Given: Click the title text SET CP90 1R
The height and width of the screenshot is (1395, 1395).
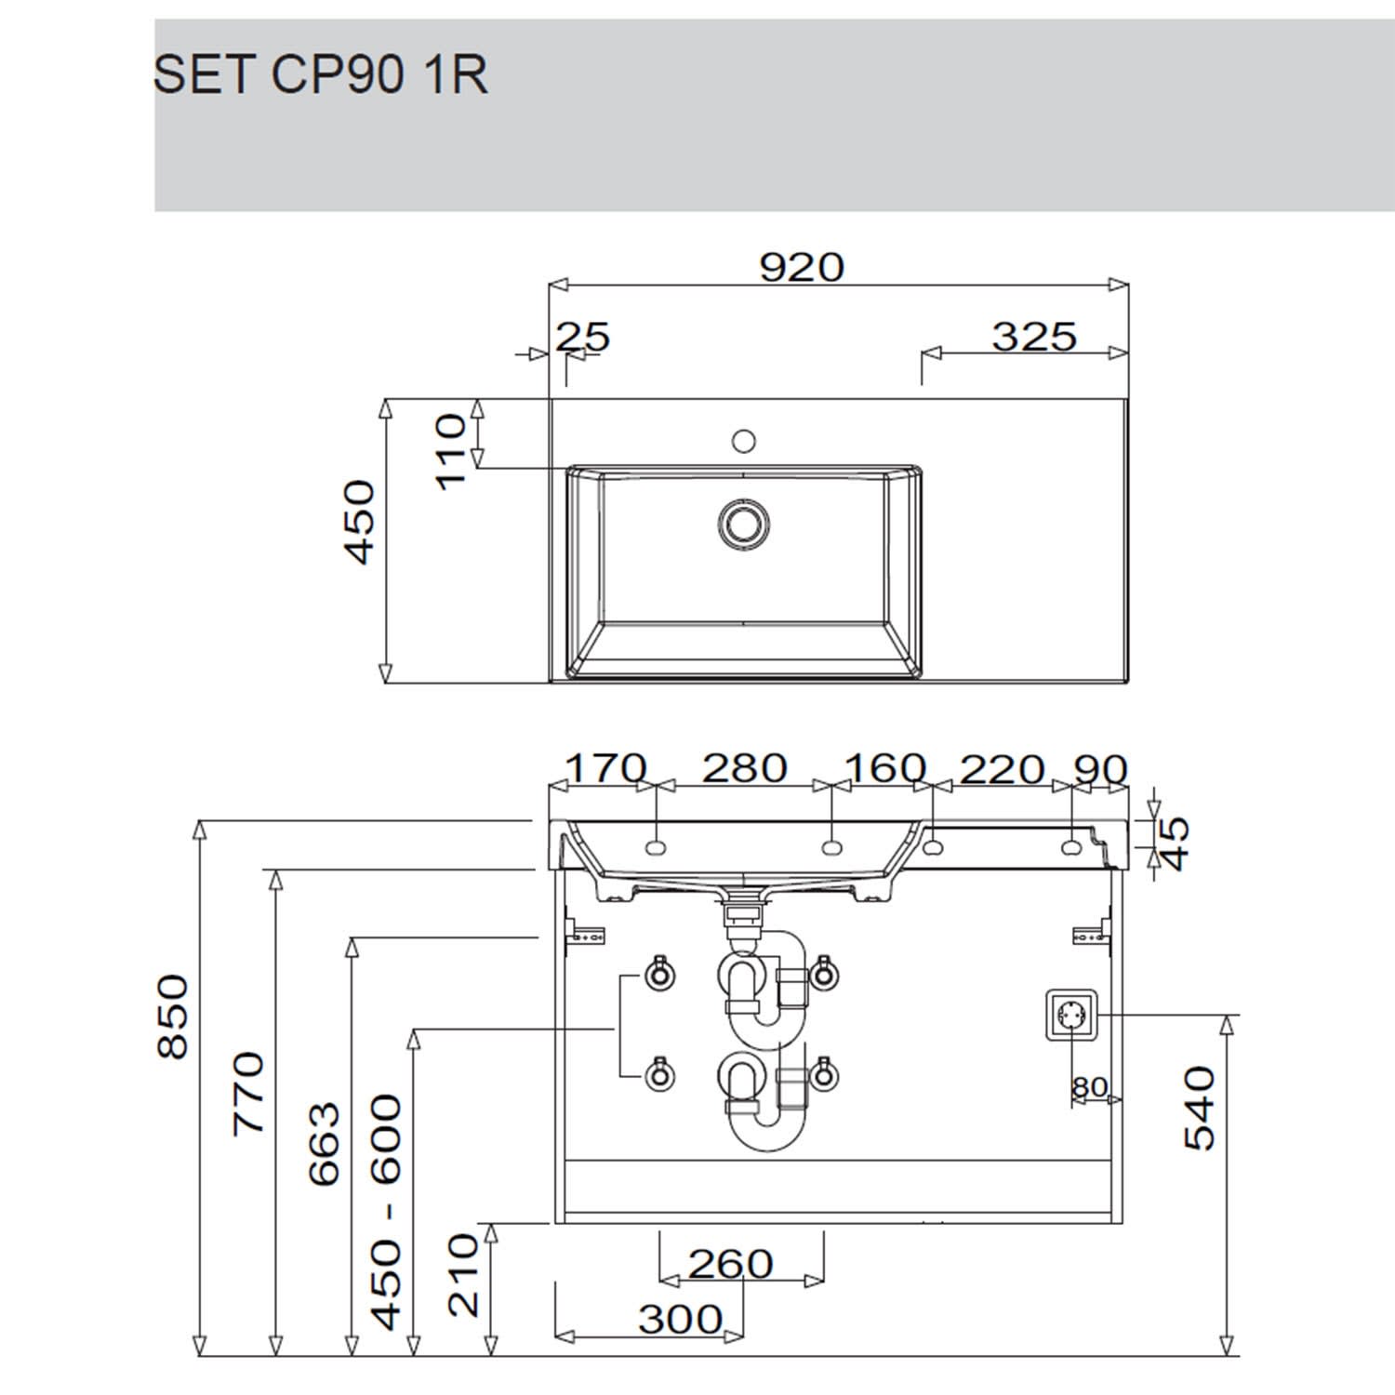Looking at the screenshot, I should point(320,73).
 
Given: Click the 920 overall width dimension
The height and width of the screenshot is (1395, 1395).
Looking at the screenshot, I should point(802,267).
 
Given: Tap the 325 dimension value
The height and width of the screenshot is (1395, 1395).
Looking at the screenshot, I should point(1033,337).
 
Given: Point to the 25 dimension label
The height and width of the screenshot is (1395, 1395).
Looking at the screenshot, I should point(583,337).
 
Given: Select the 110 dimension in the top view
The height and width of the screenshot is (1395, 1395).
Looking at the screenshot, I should point(451,452).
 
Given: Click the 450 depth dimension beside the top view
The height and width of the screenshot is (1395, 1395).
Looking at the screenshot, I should point(360,522).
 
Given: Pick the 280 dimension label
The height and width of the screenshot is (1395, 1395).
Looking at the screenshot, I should point(744,769).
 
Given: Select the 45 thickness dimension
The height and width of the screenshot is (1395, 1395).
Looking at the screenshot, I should point(1176,843).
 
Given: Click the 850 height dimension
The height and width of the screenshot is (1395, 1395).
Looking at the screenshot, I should point(174,1016).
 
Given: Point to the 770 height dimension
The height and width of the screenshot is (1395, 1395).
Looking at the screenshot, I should point(249,1093).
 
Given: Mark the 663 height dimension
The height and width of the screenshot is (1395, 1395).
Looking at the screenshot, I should point(325,1143).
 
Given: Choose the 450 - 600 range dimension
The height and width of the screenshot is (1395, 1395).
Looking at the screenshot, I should point(387,1212).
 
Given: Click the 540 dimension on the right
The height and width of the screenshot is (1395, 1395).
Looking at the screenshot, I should point(1200,1108).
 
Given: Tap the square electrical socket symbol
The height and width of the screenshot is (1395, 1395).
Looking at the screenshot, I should point(1072,1015).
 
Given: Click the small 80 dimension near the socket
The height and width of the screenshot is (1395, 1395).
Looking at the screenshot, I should point(1089,1087).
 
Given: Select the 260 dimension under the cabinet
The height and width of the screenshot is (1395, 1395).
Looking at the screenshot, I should point(730,1263).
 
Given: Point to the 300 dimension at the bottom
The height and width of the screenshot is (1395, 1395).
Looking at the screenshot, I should point(680,1319).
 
